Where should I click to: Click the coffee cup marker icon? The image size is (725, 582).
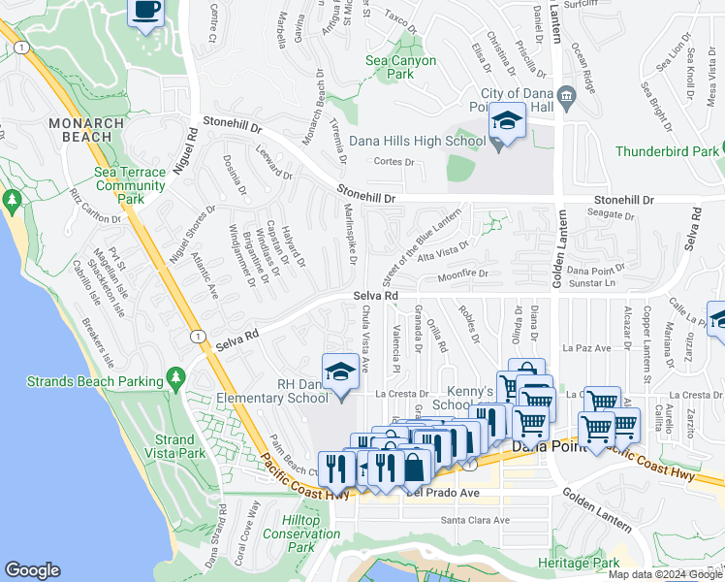coord(146,11)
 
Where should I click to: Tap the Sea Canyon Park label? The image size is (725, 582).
coord(400,67)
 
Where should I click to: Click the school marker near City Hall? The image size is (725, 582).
coord(506,121)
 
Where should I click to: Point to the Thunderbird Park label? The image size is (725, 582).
coord(668,151)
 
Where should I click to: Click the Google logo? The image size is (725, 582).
coord(32,570)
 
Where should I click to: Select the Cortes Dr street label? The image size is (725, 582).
coord(394,162)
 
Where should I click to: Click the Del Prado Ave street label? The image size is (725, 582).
coord(444,493)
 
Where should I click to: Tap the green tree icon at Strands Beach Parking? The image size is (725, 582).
coord(175,375)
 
